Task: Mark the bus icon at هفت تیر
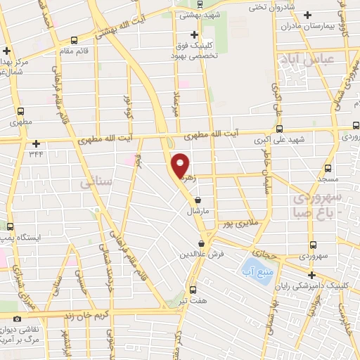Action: click(x=193, y=290)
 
